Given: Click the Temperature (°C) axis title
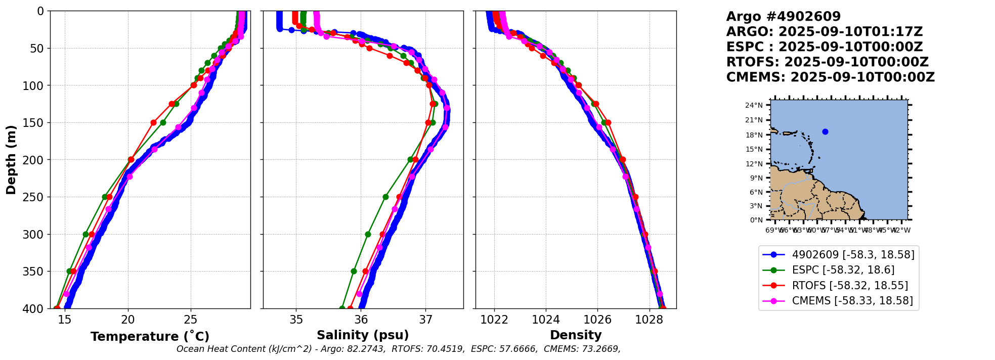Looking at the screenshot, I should click(150, 337).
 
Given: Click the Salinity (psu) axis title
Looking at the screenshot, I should click(363, 335).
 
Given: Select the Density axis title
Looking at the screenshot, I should click(576, 335).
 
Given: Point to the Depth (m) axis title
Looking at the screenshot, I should click(11, 159).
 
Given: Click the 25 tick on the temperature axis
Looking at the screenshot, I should click(191, 320).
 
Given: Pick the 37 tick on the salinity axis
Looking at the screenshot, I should click(426, 320).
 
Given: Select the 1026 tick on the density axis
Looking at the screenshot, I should click(597, 320).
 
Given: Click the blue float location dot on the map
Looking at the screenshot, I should click(825, 131).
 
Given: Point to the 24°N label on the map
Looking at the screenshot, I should click(754, 105).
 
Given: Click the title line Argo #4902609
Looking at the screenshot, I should click(783, 17).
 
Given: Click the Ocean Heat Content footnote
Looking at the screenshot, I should click(398, 349).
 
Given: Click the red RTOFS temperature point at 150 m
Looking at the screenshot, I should click(153, 122).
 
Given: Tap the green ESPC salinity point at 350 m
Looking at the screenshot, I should click(354, 271).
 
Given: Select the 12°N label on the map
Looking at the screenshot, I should click(754, 164).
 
